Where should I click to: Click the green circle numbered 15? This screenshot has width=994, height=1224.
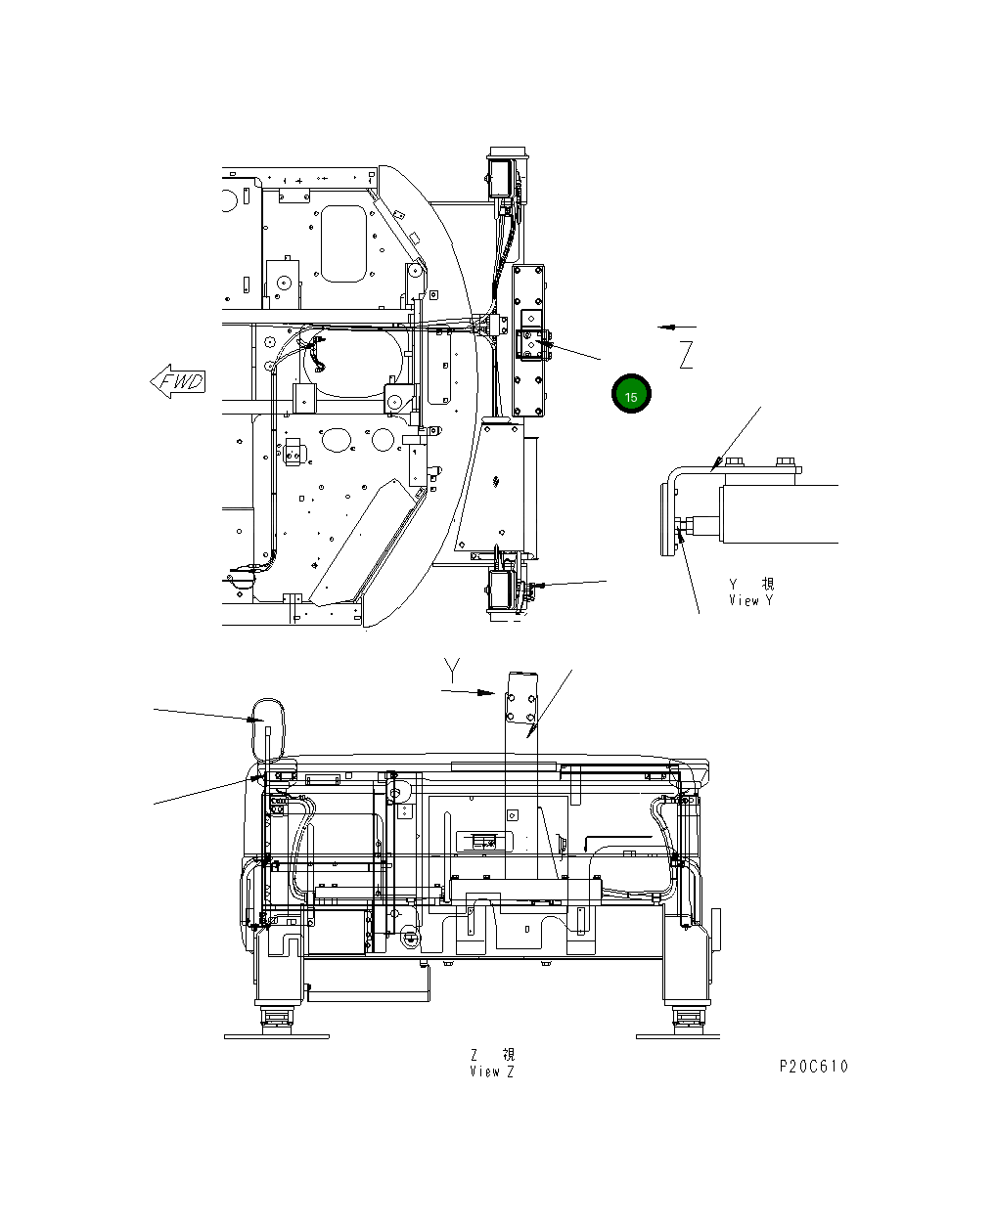coord(631,396)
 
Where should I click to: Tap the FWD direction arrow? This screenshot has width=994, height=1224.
coord(178,381)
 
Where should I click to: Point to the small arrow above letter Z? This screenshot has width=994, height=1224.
coord(677,327)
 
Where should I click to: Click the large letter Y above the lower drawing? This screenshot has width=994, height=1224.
coord(451,670)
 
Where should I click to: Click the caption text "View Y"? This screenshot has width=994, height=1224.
coord(750,600)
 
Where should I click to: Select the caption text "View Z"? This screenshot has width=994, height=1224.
coord(491,1071)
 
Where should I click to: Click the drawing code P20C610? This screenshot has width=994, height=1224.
coord(813,1066)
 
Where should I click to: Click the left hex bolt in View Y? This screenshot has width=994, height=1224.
coord(736,462)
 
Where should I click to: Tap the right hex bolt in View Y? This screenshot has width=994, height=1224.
coord(783,462)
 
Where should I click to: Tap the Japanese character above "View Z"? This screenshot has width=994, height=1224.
coord(508,1055)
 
